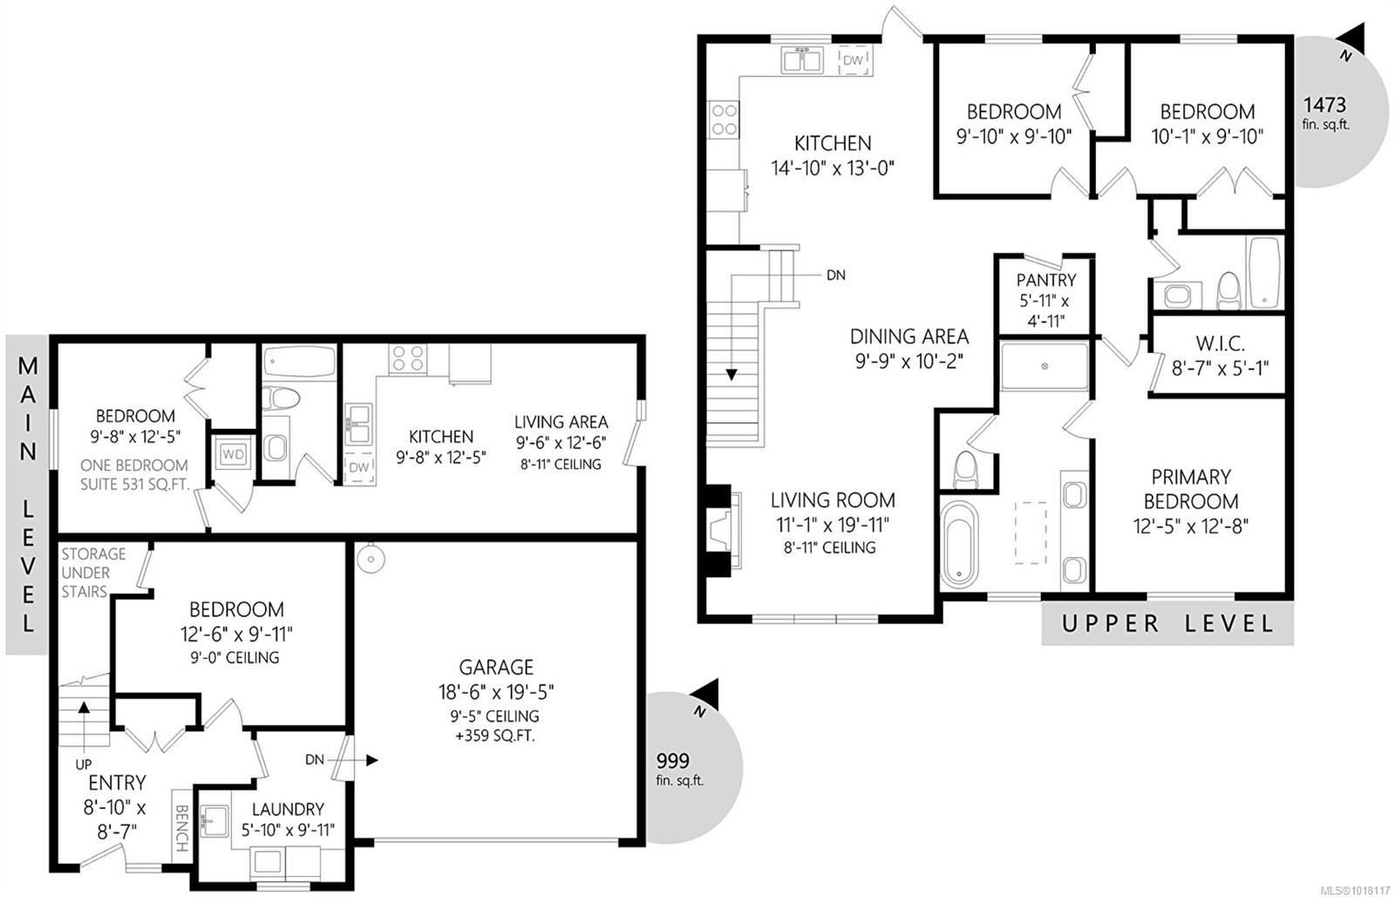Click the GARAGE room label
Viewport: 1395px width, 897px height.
coord(496,668)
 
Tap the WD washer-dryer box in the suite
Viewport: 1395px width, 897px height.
coord(232,454)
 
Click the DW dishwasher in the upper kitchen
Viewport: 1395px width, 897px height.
coord(853,60)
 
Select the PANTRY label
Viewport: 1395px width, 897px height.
coord(1045,281)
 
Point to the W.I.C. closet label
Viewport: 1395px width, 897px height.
coord(1219,344)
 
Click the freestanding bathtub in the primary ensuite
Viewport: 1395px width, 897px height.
coord(959,540)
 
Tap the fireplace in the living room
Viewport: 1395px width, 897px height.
coord(723,530)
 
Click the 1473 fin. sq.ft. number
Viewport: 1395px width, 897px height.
coord(1324,105)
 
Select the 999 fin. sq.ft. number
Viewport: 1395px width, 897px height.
coord(672,759)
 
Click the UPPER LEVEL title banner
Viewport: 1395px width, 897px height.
coord(1167,623)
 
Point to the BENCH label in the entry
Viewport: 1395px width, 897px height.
coord(181,828)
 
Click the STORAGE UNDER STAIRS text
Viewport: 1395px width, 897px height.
coord(92,573)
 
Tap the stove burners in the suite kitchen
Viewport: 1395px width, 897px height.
coord(408,358)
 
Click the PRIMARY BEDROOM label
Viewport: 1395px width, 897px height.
coord(1191,489)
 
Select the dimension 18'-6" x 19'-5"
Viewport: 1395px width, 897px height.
coord(496,692)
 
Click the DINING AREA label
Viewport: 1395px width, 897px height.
coord(908,336)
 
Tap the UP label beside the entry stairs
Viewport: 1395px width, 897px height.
coord(84,764)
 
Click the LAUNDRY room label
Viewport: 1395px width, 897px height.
coord(288,809)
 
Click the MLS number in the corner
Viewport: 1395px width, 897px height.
coord(1355,890)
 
